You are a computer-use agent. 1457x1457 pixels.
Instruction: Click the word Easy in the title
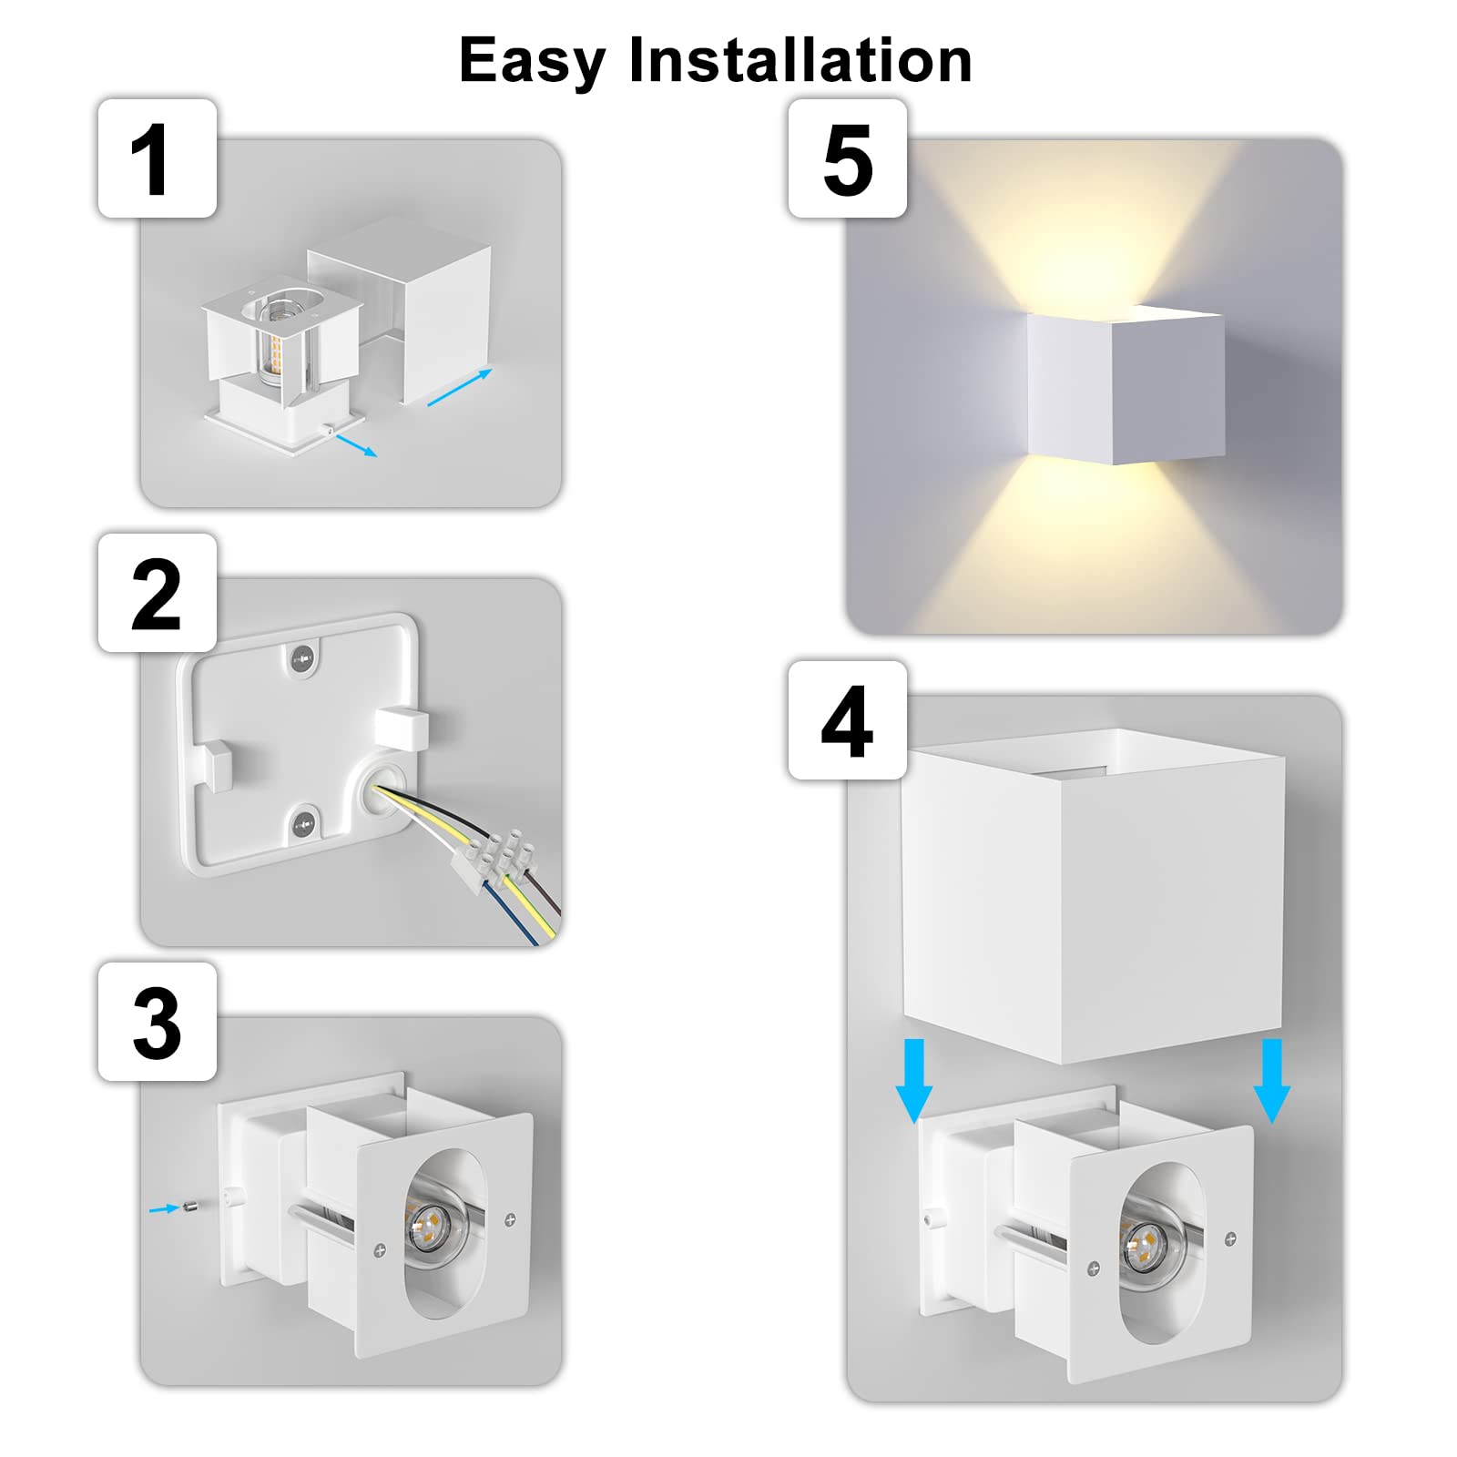532,62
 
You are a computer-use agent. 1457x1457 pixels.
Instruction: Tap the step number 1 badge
157,159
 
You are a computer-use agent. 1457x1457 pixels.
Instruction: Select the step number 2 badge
157,594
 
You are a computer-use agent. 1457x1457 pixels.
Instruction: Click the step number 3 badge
157,1023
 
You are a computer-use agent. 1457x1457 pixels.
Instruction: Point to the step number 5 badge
847,159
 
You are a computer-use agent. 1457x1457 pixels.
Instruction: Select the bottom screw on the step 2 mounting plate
302,825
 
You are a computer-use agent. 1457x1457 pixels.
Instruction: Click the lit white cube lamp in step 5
1126,386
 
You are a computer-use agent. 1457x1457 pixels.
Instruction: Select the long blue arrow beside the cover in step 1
460,388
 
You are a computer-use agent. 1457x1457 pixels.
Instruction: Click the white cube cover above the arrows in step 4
1093,897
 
